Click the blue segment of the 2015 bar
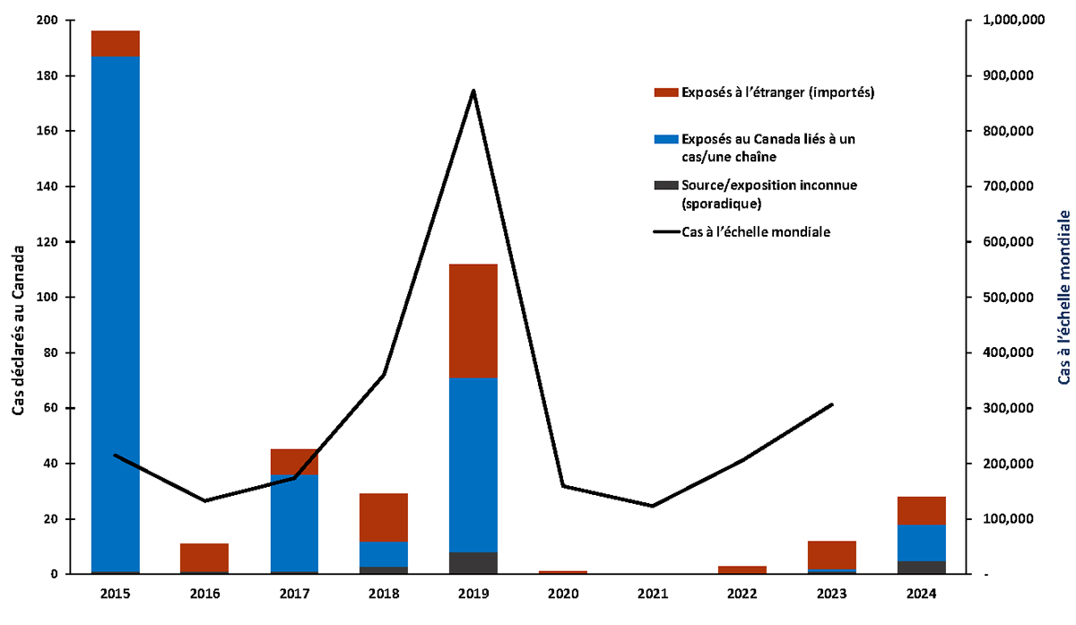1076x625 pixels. (115, 314)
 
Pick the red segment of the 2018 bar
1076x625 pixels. (384, 516)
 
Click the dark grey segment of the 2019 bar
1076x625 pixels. (473, 562)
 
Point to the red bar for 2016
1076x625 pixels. (204, 557)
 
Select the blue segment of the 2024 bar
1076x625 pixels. (921, 543)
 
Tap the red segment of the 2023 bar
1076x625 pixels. (831, 554)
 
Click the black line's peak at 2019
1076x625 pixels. (473, 91)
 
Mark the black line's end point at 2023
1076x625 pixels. (832, 404)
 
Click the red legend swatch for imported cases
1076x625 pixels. (665, 92)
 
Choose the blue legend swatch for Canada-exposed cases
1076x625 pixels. (665, 139)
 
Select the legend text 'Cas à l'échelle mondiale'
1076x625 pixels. (756, 232)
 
